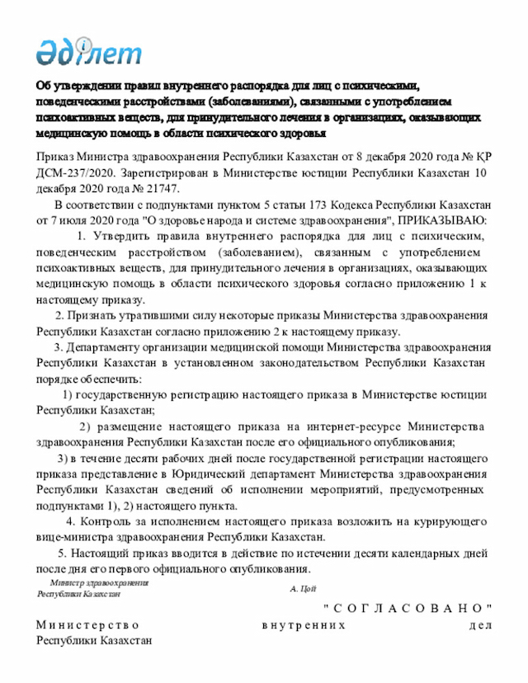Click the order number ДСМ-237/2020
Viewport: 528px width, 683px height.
point(75,174)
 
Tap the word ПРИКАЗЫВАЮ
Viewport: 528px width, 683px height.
point(442,219)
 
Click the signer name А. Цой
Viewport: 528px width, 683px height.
point(304,589)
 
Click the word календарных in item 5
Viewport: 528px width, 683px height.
point(417,553)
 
